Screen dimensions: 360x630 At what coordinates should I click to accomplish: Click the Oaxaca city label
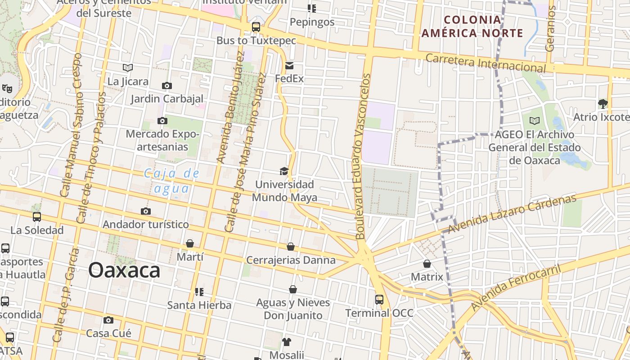(124, 270)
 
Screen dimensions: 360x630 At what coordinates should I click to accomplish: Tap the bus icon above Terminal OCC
(379, 300)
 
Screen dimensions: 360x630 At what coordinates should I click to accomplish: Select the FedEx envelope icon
(289, 66)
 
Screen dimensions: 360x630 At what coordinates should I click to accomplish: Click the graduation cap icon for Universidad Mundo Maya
(284, 171)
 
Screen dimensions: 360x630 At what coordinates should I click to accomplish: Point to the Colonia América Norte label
(472, 26)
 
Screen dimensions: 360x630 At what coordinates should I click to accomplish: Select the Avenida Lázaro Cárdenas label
(512, 214)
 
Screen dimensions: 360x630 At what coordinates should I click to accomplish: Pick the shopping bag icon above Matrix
(427, 264)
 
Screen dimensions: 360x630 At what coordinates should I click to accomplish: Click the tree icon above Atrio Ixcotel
(603, 104)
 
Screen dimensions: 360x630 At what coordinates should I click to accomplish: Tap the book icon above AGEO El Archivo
(534, 121)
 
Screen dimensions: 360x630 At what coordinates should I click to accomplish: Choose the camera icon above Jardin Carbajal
(167, 85)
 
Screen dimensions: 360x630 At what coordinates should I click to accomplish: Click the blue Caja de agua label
(171, 181)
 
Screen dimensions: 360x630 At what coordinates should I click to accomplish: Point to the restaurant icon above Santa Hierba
(199, 292)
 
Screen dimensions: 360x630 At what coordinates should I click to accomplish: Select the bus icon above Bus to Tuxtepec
(256, 27)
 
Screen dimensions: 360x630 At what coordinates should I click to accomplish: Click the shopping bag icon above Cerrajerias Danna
(291, 247)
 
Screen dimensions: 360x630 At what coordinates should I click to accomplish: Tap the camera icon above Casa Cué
(108, 320)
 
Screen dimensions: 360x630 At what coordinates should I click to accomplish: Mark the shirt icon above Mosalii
(287, 342)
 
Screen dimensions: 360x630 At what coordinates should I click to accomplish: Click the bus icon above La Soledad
(37, 217)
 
